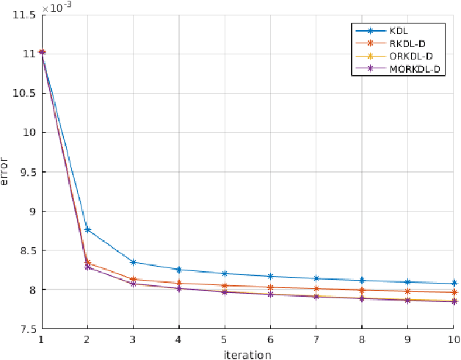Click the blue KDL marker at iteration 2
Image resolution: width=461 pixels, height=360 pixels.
pos(87,230)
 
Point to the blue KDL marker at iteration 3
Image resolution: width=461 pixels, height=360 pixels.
pos(133,262)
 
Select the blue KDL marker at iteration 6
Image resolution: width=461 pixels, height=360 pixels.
pos(270,276)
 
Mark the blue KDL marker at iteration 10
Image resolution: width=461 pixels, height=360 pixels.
pos(454,284)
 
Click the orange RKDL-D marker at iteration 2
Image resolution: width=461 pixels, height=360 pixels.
pos(87,262)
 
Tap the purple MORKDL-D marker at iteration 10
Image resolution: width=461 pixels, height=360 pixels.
pos(454,301)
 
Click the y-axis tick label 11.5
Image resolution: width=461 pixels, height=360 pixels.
pos(21,15)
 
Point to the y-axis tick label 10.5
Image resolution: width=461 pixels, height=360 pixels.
pos(21,93)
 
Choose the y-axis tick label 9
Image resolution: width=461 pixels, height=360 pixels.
pos(29,212)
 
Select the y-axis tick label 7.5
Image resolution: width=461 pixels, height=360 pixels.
pos(24,329)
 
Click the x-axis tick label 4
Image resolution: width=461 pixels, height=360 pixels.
pos(179,339)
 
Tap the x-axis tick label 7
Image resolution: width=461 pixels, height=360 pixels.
pos(316,339)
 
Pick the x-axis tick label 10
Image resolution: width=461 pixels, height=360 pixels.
pos(453,339)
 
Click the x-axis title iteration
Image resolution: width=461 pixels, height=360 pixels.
pos(247,354)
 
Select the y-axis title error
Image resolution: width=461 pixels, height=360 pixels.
pos(6,171)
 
